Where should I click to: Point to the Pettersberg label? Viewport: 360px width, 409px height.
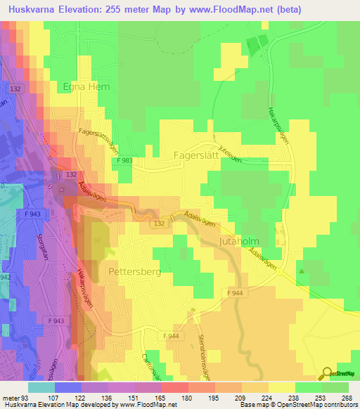point(131,270)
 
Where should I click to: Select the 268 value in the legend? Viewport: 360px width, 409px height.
point(346,398)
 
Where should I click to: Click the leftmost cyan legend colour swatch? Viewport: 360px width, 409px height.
point(41,387)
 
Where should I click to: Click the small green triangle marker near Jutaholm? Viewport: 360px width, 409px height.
point(302,270)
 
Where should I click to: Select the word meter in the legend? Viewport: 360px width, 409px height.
point(12,398)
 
